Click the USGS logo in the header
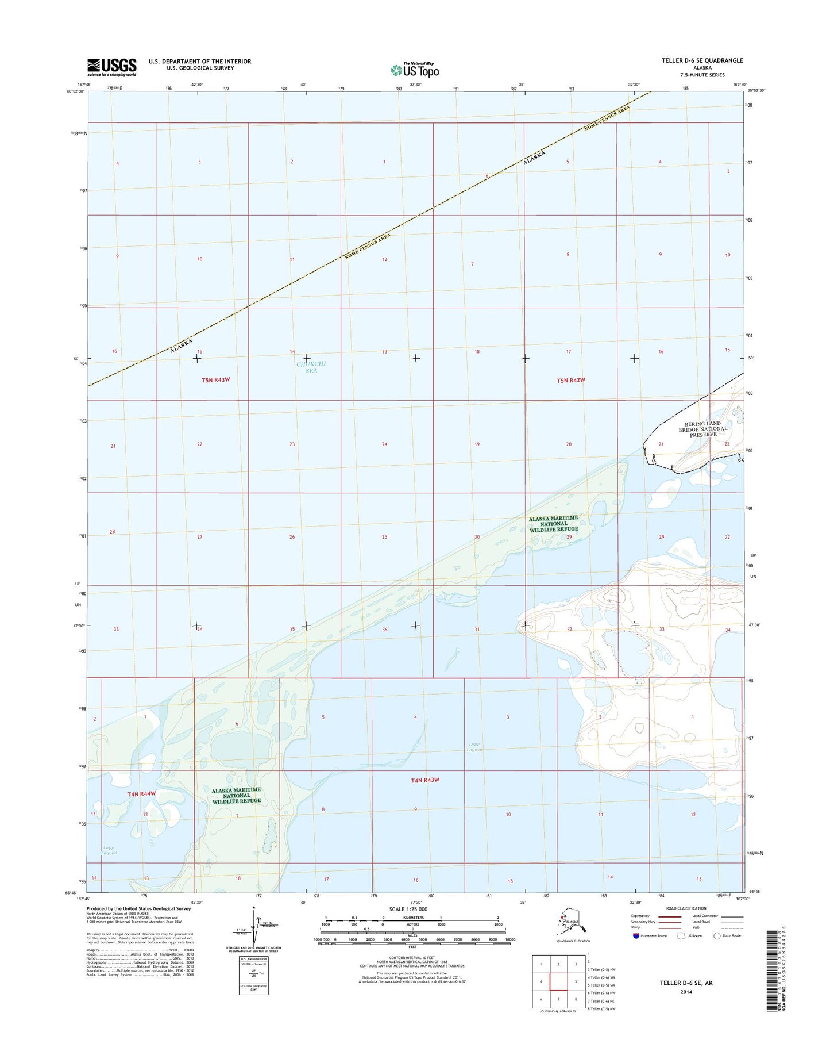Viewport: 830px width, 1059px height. [111, 67]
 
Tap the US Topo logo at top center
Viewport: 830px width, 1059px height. [415, 70]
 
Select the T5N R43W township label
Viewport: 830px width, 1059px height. [220, 380]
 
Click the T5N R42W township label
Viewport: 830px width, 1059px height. [571, 380]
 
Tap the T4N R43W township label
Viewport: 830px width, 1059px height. [425, 780]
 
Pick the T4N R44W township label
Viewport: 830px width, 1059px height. [141, 793]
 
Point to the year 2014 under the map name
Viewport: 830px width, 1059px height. [686, 992]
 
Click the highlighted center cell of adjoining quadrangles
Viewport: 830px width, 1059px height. [558, 982]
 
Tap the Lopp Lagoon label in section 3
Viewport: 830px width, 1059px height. [474, 747]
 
